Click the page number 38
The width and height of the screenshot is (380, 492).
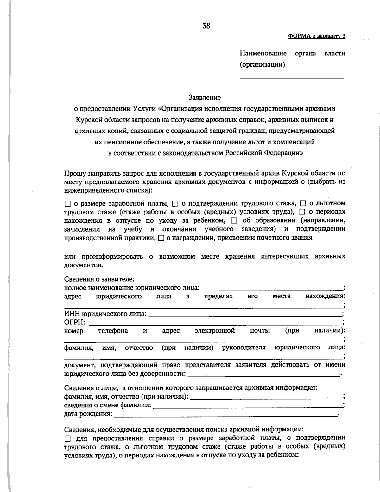(206, 26)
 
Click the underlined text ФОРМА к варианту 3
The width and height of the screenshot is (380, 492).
(316, 36)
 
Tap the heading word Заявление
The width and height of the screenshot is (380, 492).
(205, 97)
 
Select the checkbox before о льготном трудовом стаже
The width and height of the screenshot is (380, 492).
(303, 203)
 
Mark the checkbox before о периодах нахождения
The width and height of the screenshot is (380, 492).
(302, 212)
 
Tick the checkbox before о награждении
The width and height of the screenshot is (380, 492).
(161, 238)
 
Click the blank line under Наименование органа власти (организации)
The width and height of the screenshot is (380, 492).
(291, 77)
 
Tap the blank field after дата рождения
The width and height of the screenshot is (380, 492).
(225, 414)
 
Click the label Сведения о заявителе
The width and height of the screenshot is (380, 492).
(99, 279)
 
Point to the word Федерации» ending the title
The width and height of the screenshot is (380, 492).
(284, 153)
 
